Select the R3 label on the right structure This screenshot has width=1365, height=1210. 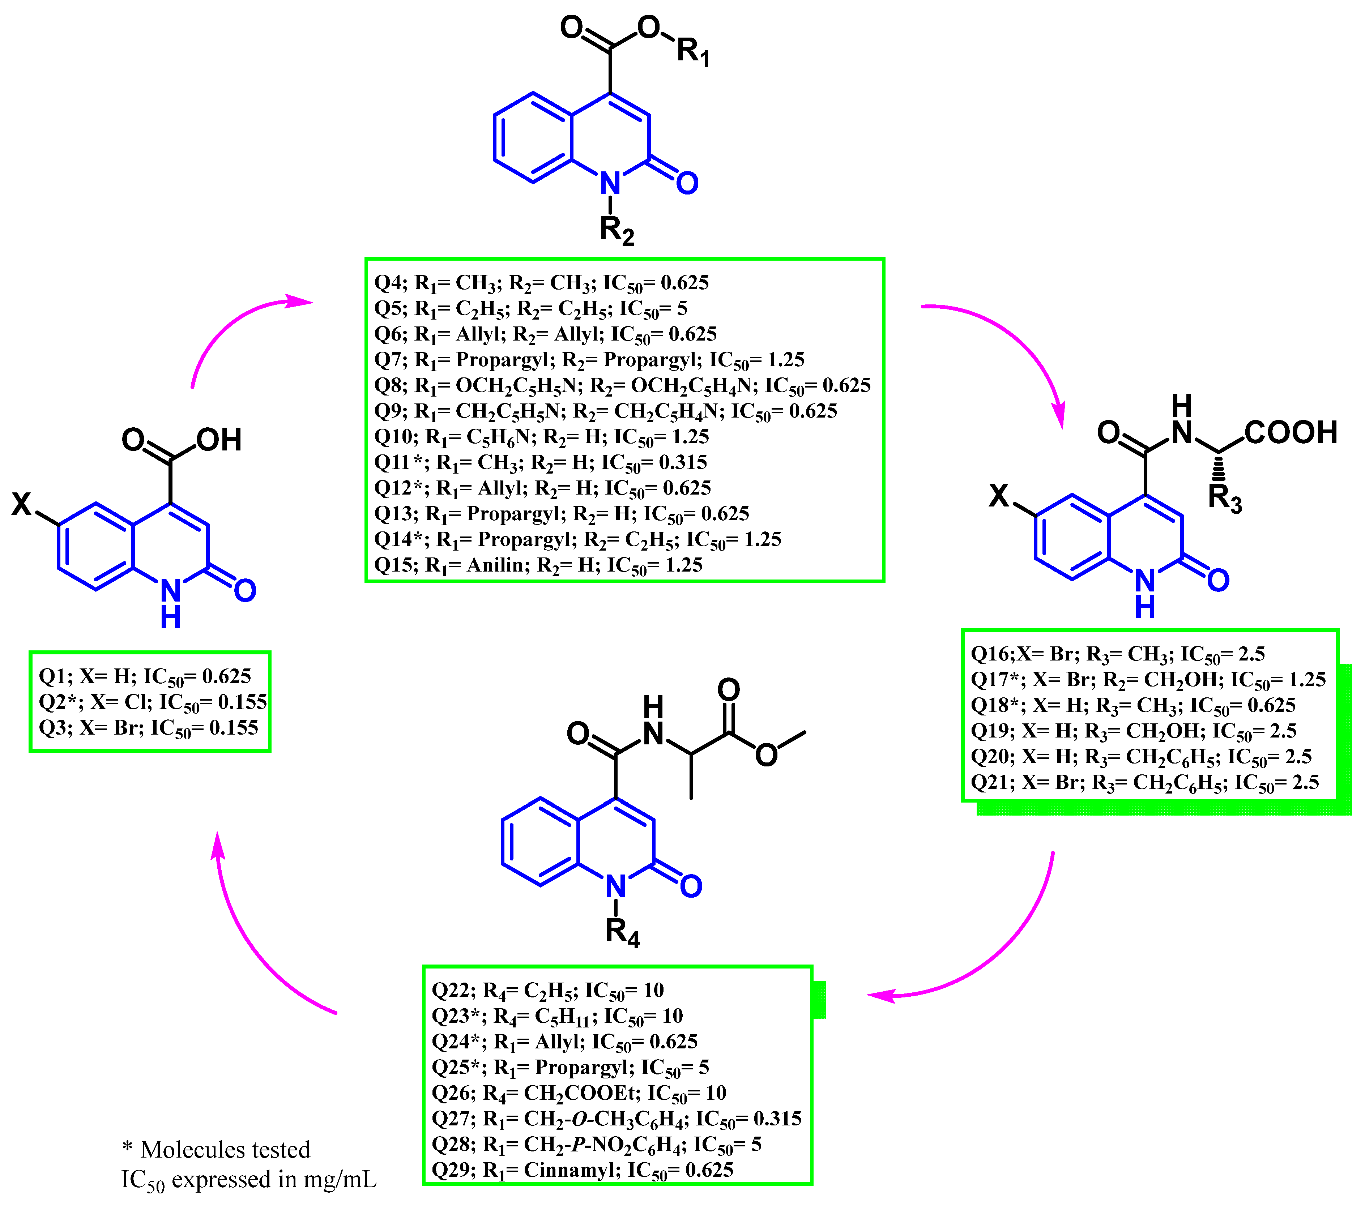[1225, 499]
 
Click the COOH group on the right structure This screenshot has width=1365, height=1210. [1290, 433]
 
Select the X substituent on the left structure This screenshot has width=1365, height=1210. [21, 504]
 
